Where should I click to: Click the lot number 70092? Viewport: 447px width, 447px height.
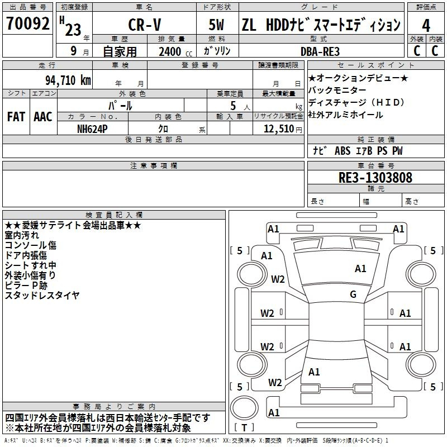pos(27,23)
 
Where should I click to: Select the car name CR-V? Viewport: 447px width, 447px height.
pos(145,25)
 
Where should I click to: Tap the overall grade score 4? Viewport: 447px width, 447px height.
pos(426,26)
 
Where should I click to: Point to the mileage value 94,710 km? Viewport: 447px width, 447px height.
pos(68,80)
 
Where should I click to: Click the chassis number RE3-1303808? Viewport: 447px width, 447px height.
pos(375,178)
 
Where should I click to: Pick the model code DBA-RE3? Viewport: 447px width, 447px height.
pos(320,51)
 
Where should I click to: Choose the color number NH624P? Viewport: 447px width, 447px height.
pos(92,129)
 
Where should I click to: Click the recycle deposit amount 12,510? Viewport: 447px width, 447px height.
pos(279,129)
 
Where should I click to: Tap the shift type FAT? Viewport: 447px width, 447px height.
pos(16,117)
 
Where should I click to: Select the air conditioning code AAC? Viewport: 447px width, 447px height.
pos(43,117)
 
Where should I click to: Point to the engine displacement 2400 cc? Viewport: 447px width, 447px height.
pos(175,52)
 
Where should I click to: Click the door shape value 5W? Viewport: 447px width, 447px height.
pos(216,25)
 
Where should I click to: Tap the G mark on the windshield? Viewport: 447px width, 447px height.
pos(353,294)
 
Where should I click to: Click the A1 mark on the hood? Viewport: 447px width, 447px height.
pos(360,269)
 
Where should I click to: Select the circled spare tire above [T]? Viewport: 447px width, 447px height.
pos(244,408)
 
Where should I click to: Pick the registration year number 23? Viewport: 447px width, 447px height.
pos(73,30)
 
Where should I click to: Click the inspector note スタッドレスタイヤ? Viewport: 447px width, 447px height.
pos(42,296)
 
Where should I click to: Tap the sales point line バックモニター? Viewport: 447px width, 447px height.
pos(337,90)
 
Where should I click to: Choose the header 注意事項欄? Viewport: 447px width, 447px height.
pos(154,165)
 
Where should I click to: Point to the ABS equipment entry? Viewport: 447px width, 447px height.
pos(343,151)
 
